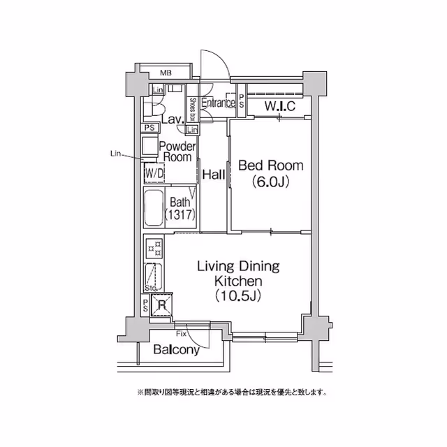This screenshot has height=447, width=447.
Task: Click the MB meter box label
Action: click(166, 73)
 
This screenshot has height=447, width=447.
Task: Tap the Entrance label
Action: click(218, 103)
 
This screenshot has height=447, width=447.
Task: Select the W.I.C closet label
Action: click(281, 106)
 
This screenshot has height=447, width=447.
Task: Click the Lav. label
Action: click(172, 119)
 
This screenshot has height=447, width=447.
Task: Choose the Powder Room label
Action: click(177, 152)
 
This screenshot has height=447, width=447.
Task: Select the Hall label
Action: click(213, 175)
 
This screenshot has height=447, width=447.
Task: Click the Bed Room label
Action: click(271, 166)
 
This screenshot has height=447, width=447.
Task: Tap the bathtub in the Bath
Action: click(153, 208)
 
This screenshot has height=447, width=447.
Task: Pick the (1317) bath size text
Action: click(180, 215)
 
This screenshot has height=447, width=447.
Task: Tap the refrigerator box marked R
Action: click(161, 305)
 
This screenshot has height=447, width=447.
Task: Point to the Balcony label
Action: click(177, 350)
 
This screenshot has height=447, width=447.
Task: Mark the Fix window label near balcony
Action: click(181, 335)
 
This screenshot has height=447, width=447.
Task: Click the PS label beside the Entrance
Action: click(242, 101)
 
